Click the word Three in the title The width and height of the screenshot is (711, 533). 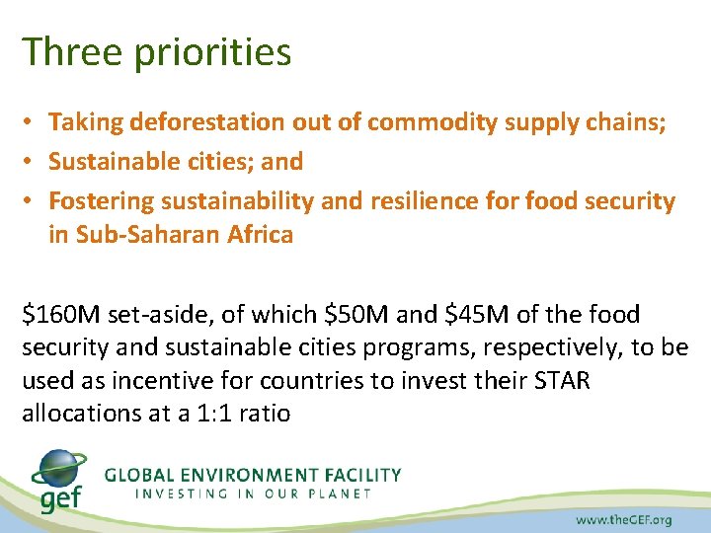coord(66,52)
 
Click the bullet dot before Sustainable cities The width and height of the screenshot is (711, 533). coord(32,162)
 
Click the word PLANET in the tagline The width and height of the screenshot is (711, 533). coord(340,494)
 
